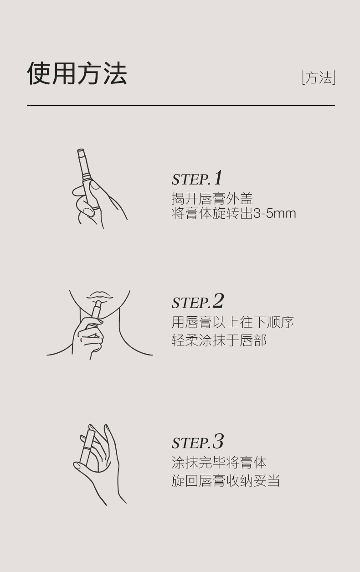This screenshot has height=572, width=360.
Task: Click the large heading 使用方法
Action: [77, 73]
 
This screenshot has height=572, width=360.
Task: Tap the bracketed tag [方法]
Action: [319, 77]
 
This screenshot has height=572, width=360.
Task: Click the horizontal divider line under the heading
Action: [181, 105]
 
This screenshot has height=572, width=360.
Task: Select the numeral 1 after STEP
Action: [218, 178]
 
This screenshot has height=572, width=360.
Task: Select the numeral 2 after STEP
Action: [218, 300]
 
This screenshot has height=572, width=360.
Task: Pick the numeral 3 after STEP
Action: [218, 441]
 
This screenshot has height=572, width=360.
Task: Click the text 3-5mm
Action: [274, 213]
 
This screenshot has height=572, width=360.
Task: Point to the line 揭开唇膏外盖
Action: [212, 199]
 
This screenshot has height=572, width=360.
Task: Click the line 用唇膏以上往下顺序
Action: [232, 322]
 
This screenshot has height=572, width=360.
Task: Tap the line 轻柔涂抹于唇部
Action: [219, 340]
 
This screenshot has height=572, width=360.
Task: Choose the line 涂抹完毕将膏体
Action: [219, 463]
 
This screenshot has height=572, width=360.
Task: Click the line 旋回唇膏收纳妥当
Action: [226, 480]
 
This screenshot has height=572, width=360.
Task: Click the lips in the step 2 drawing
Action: [100, 295]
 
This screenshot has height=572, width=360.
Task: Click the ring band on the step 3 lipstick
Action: [86, 448]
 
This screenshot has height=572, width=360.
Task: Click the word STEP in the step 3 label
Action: [190, 443]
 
